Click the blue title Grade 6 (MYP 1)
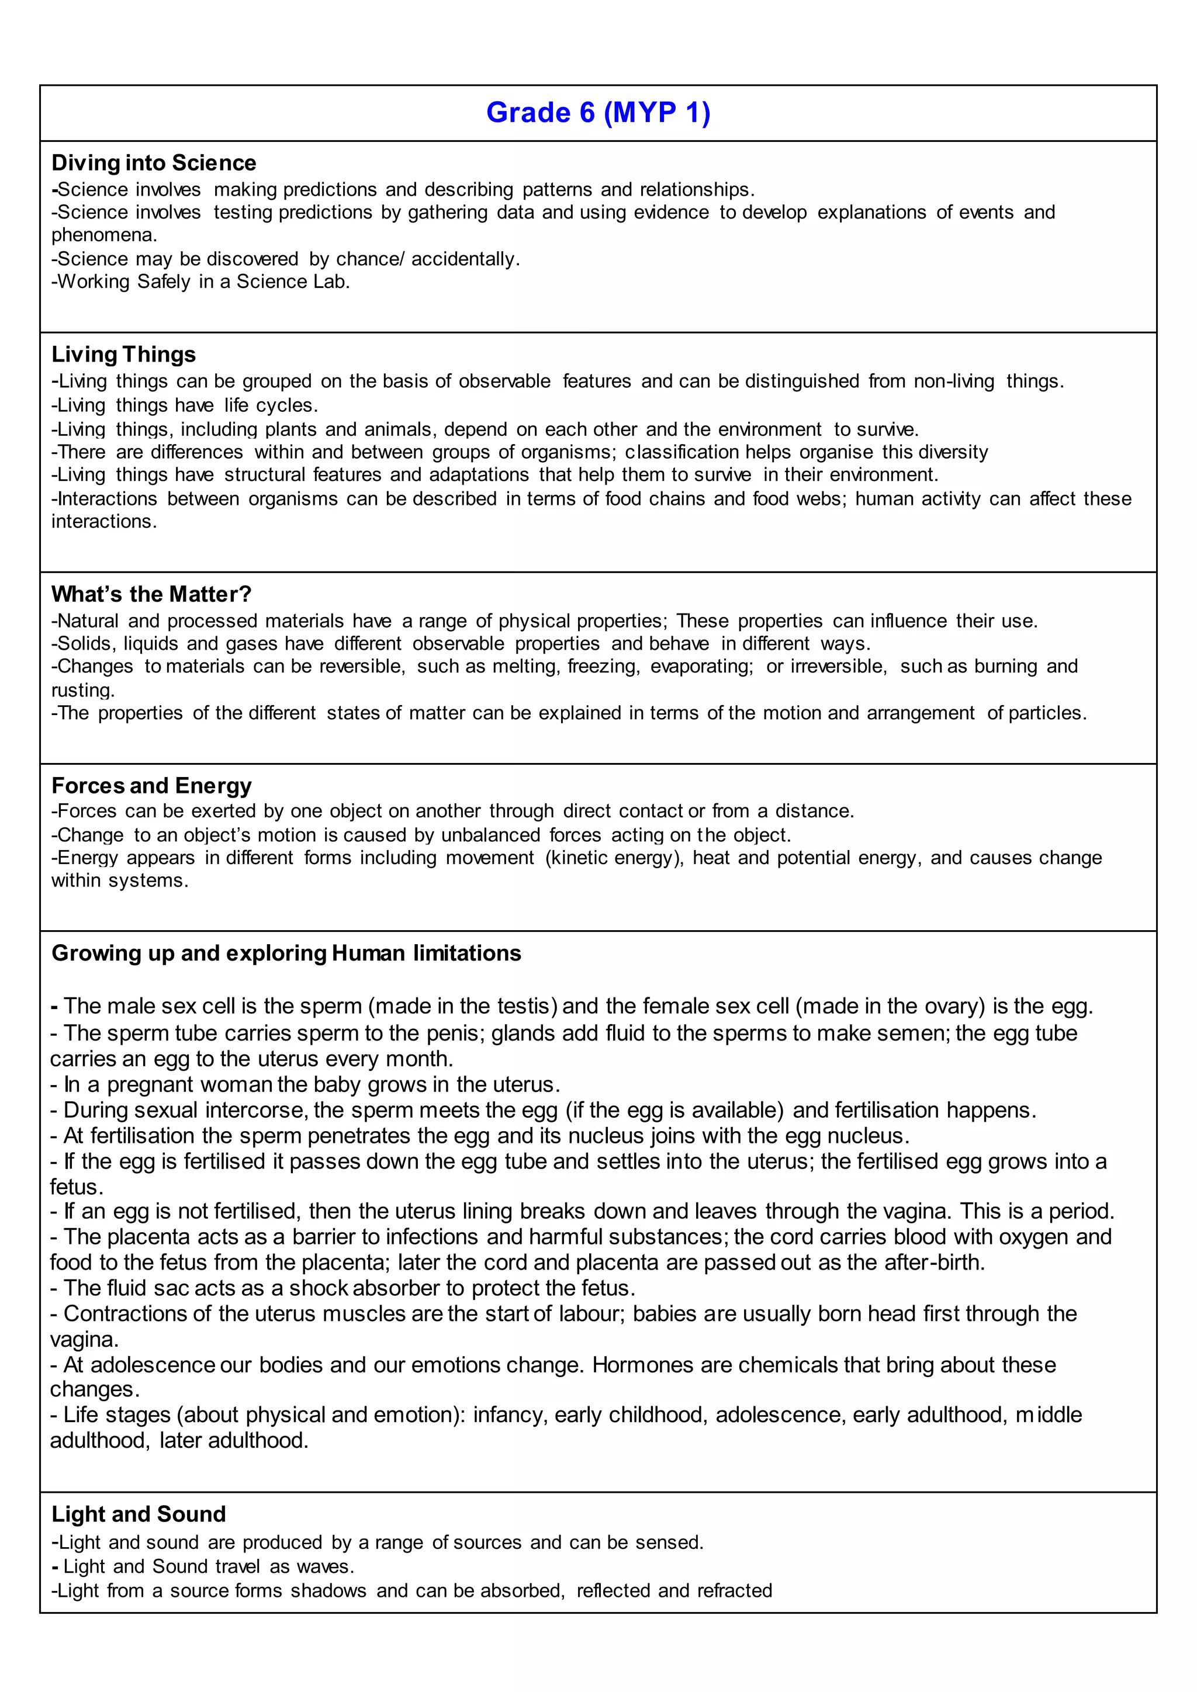click(x=598, y=113)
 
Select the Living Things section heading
click(x=123, y=355)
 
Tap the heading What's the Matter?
click(x=151, y=594)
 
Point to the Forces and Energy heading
click(x=151, y=786)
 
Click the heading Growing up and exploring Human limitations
click(x=286, y=953)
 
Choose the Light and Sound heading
click(x=139, y=1514)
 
